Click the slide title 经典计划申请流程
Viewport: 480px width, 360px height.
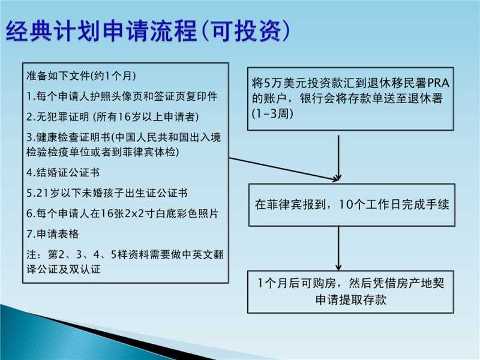tap(101, 31)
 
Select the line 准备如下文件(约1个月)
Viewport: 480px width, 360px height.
tap(81, 76)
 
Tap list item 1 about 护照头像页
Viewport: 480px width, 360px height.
tap(122, 96)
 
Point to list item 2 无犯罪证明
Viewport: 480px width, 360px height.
tap(113, 116)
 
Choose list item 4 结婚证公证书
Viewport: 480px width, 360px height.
tap(63, 172)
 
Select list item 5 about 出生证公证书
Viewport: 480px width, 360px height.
tap(107, 193)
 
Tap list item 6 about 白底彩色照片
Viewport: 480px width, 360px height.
tap(122, 214)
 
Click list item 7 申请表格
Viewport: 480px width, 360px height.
tap(53, 234)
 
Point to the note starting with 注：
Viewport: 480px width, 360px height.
tap(125, 262)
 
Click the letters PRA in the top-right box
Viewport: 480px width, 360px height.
tap(438, 83)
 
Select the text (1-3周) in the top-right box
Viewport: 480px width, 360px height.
tap(272, 113)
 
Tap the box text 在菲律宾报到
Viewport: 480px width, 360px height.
tap(290, 205)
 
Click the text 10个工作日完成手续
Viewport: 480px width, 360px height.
tap(394, 205)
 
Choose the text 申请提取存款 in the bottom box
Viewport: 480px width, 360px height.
tap(351, 299)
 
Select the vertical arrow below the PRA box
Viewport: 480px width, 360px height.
tap(338, 158)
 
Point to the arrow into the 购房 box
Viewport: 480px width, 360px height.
tap(338, 248)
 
